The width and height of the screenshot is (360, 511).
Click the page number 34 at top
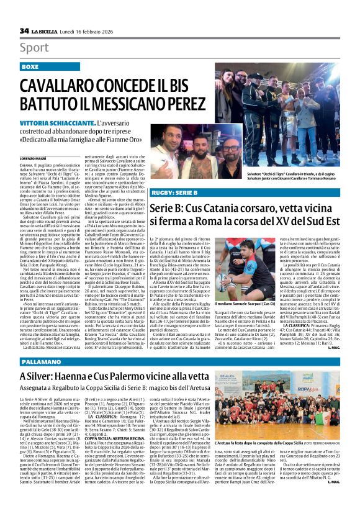[24, 30]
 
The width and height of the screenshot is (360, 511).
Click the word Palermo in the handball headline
[155, 376]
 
